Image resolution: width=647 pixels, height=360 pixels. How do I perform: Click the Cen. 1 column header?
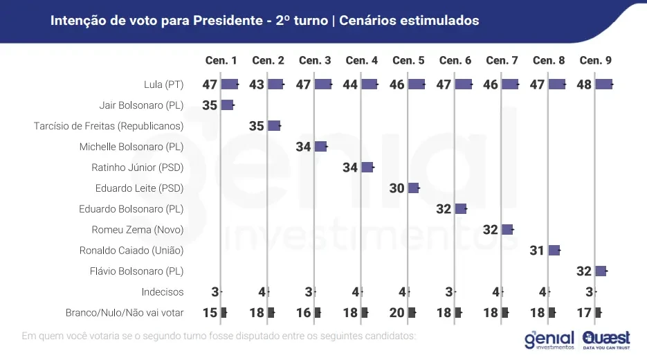pos(221,61)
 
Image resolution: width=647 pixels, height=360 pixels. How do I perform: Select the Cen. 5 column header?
pos(408,61)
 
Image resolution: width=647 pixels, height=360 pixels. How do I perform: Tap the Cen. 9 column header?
pos(595,61)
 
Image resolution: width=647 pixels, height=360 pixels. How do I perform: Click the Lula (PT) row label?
pos(164,84)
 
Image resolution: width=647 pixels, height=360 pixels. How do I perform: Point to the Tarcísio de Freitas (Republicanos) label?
pos(109,126)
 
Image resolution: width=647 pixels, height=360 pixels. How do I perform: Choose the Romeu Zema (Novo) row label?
pos(138,230)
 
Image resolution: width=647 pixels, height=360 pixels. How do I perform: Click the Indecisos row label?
pos(163,292)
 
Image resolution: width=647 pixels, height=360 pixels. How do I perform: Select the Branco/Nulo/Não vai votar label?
pos(125,313)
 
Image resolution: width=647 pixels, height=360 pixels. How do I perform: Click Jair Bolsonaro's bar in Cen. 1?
pos(227,105)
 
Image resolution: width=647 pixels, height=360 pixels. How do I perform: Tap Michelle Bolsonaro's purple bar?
pos(320,147)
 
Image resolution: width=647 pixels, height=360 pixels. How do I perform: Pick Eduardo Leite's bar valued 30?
pos(413,188)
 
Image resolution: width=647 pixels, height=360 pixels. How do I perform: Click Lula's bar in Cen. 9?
pos(603,84)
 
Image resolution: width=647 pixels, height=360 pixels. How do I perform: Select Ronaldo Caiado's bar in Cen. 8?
pos(554,251)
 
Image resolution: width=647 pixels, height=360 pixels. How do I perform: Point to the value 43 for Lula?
pos(257,84)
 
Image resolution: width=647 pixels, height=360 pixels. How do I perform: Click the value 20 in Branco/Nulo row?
pos(397,313)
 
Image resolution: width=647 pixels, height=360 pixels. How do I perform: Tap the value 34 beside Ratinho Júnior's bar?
pos(350,168)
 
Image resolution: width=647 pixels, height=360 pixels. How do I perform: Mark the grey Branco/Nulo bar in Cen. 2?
pos(271,313)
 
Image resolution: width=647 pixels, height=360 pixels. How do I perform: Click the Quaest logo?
pos(606,339)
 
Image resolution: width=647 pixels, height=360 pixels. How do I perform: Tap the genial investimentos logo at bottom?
pos(549,340)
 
